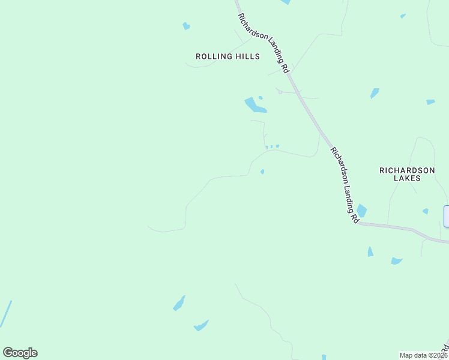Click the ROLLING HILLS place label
228,56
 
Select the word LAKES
407,178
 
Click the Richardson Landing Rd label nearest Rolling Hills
264,43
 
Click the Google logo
20,353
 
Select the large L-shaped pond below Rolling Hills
255,106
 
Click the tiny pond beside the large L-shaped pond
261,97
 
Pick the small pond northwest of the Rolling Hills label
186,26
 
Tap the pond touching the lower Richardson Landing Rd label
361,211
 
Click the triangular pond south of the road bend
370,252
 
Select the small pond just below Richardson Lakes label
425,211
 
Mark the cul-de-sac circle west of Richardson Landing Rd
280,92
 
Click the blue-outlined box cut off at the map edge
446,216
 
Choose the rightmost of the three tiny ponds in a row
277,146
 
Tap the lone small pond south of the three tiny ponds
262,172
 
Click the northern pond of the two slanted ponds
179,304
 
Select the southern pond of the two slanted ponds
200,326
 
